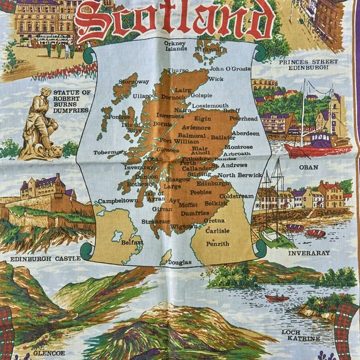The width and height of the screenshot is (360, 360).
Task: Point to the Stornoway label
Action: tap(133, 81)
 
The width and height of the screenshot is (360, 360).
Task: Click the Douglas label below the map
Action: tap(180, 263)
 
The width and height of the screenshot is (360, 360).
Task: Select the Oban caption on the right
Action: tap(308, 167)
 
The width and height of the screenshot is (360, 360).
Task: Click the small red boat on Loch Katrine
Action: tap(277, 299)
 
